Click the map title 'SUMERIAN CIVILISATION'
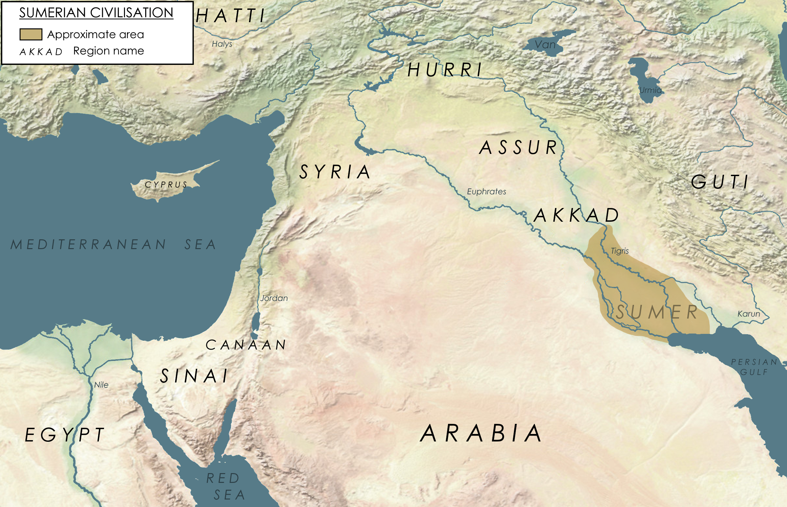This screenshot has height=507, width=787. point(96,13)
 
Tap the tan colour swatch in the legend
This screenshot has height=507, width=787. point(31,34)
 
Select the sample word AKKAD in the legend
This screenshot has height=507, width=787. point(41,52)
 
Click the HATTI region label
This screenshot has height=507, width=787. point(231,16)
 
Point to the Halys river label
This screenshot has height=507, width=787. point(222,44)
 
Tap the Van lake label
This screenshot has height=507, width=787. point(545,44)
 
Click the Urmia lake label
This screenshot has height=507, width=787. point(650,90)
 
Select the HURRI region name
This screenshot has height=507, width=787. point(445,70)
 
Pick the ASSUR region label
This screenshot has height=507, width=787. point(518,147)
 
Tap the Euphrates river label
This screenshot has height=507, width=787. point(486,191)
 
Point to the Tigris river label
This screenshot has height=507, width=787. point(620,251)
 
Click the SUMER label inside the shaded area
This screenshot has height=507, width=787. point(657,312)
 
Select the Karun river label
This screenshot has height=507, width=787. point(748,314)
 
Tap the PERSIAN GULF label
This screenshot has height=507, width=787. point(754,367)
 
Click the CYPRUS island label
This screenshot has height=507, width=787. point(166,185)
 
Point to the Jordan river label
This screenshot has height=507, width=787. point(274,298)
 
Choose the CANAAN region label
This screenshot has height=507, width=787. point(246,345)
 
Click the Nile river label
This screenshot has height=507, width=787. point(101,385)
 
